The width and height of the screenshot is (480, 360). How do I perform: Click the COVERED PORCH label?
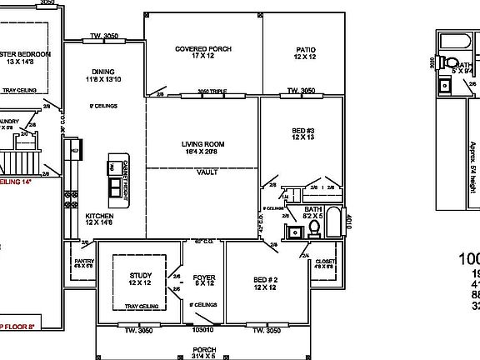[x=203, y=49]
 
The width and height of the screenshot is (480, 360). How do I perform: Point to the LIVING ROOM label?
[x=203, y=144]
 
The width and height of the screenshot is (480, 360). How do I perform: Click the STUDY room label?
[x=139, y=275]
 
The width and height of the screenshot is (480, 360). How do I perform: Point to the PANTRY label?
[x=83, y=262]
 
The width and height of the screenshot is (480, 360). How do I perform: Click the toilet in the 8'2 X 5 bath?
[x=315, y=227]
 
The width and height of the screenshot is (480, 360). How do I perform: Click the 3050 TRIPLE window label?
[x=212, y=91]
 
